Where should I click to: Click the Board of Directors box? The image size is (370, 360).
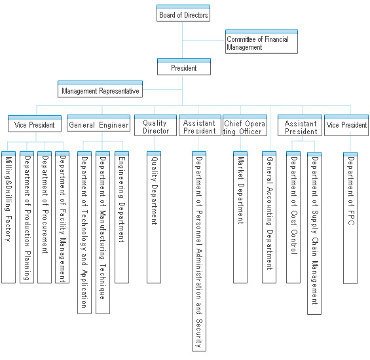pyautogui.click(x=183, y=13)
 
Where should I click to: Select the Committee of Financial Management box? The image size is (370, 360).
pyautogui.click(x=261, y=41)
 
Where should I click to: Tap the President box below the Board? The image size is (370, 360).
pyautogui.click(x=184, y=67)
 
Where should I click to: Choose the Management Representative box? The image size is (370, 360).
pyautogui.click(x=100, y=89)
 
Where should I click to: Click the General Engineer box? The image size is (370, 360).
pyautogui.click(x=99, y=123)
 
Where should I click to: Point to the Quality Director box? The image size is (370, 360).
pyautogui.click(x=155, y=126)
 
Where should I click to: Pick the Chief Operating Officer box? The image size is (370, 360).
pyautogui.click(x=245, y=126)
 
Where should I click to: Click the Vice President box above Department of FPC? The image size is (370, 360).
pyautogui.click(x=346, y=126)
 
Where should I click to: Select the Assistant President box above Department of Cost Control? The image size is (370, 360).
pyautogui.click(x=300, y=126)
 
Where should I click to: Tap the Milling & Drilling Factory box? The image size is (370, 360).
pyautogui.click(x=9, y=217)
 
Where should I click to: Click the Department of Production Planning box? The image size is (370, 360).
pyautogui.click(x=27, y=217)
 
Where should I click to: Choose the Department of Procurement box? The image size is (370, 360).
pyautogui.click(x=45, y=217)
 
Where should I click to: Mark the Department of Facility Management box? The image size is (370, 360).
pyautogui.click(x=62, y=217)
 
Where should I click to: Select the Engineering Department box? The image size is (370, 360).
pyautogui.click(x=122, y=217)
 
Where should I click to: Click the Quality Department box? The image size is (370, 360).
pyautogui.click(x=154, y=217)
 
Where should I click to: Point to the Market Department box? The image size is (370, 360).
pyautogui.click(x=240, y=217)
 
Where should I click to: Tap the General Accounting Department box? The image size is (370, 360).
pyautogui.click(x=269, y=217)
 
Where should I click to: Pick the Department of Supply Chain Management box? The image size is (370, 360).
pyautogui.click(x=314, y=233)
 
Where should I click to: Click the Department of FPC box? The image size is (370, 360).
pyautogui.click(x=350, y=218)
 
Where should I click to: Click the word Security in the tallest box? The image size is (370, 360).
pyautogui.click(x=199, y=333)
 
